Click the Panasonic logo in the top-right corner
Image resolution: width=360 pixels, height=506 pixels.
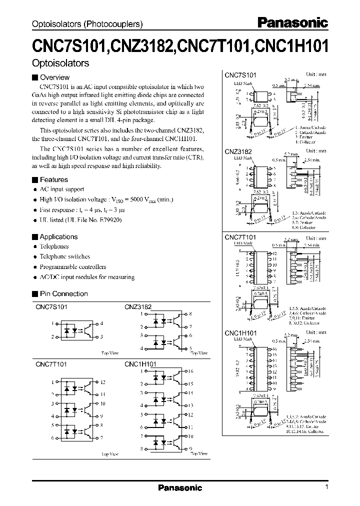point(292,23)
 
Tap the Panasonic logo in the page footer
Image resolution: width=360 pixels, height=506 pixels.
point(180,488)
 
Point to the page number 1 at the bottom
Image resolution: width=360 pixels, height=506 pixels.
point(326,487)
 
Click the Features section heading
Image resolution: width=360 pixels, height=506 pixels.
point(53,179)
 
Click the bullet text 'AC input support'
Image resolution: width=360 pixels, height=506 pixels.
point(61,189)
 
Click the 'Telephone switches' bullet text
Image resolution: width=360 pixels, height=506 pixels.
point(65,256)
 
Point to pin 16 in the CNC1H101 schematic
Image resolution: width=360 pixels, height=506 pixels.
point(190,371)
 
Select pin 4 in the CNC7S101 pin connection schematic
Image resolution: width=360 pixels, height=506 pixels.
point(102,323)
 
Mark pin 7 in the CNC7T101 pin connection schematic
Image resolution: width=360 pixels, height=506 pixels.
point(102,437)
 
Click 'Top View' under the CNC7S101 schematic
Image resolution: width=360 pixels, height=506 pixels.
point(110,353)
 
